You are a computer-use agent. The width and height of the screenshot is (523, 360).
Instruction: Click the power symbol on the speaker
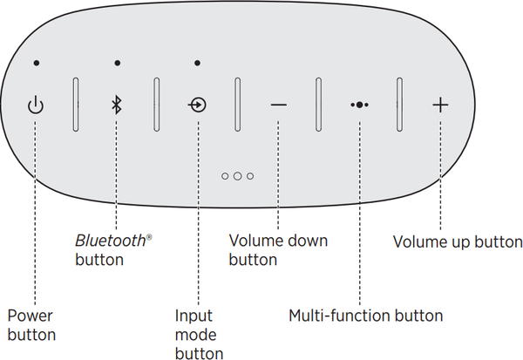click(35, 105)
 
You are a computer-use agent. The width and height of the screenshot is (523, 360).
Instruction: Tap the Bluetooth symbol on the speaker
click(116, 105)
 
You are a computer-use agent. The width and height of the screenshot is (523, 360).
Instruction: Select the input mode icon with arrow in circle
click(198, 105)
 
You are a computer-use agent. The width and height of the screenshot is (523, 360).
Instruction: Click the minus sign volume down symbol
click(278, 105)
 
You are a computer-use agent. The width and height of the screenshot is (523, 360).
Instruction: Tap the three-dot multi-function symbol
click(359, 105)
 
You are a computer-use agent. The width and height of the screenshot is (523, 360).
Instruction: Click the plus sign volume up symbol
click(441, 105)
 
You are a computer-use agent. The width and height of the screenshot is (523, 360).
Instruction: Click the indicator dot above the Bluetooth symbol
click(116, 63)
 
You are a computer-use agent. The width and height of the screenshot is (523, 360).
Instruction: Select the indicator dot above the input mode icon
click(198, 63)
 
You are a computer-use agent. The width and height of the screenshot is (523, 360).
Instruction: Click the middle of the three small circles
click(237, 175)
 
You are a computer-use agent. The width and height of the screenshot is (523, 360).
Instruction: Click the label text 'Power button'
click(31, 325)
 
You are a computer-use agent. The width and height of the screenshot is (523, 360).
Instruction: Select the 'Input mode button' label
click(199, 334)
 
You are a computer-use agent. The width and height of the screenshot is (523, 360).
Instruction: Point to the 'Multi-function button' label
click(365, 316)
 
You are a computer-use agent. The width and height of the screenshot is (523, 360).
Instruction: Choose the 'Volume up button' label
click(457, 241)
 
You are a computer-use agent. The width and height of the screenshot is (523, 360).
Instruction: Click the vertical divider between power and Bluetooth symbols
click(75, 105)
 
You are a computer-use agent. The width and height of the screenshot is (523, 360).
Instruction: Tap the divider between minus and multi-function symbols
click(318, 105)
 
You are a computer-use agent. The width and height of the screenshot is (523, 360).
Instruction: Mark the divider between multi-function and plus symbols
click(400, 105)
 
